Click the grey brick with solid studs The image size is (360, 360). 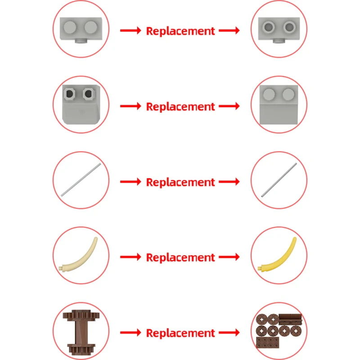coord(81,29)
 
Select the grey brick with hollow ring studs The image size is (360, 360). coord(279,29)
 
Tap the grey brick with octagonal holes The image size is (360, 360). coord(81,104)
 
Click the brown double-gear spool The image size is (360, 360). coord(81,332)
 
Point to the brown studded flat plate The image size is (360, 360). coord(268,342)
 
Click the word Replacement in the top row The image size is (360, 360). coord(180,31)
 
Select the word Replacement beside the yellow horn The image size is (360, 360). coord(180,257)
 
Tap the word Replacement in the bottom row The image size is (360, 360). coord(180,333)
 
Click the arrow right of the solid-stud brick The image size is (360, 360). coord(130,30)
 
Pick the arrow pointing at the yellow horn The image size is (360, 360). coord(229,256)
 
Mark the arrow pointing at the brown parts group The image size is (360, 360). coord(229,332)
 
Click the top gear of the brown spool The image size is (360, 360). coord(81,315)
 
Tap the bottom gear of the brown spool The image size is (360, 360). coord(81,349)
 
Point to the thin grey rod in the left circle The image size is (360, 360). coord(81,180)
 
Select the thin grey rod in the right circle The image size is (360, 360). coord(279,180)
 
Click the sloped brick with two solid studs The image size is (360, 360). coord(279,105)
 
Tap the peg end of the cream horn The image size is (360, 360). coord(61,268)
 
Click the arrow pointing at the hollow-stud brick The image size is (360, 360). coord(229,30)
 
